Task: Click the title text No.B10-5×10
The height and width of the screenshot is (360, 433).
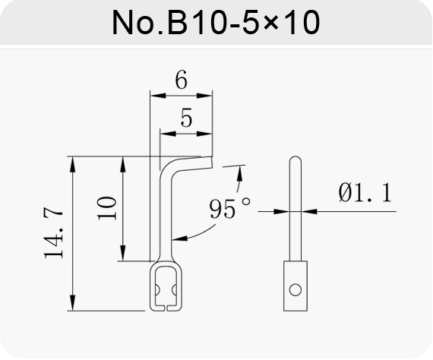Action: (216, 22)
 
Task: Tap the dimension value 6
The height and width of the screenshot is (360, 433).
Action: (181, 80)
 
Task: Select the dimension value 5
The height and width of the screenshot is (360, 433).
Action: (186, 118)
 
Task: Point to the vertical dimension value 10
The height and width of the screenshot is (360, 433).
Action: (107, 208)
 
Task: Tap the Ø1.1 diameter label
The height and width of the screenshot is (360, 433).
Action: (365, 192)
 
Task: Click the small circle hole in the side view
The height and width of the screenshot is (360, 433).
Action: (296, 290)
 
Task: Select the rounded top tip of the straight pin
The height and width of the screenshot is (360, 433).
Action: (296, 159)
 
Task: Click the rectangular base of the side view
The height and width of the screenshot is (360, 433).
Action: (296, 286)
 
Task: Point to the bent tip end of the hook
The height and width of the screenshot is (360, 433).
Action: (212, 162)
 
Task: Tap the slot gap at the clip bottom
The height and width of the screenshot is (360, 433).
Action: (166, 308)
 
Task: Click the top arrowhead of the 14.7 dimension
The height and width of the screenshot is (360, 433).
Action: (72, 164)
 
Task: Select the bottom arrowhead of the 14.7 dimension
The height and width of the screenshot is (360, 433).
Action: (72, 303)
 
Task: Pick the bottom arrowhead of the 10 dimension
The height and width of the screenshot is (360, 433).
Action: (123, 253)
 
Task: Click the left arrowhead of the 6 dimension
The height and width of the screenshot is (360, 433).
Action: (158, 96)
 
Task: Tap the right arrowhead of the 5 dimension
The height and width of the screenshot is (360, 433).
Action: (204, 134)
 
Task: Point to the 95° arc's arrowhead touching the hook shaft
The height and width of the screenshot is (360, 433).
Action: (179, 238)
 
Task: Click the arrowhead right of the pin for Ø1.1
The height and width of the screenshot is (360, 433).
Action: (309, 211)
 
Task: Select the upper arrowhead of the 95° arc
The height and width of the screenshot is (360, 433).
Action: (240, 173)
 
